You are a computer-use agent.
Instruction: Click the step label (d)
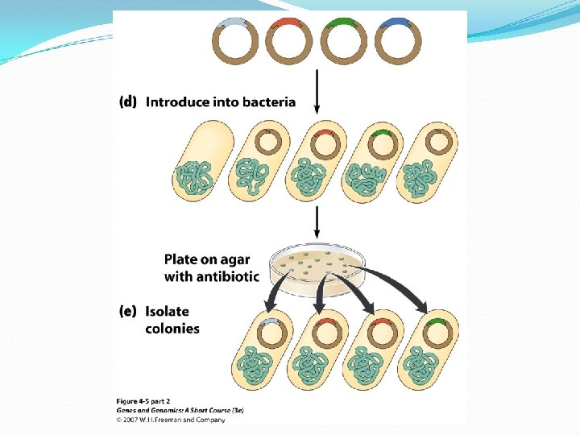(x=128, y=102)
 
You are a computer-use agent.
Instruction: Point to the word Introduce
(x=178, y=102)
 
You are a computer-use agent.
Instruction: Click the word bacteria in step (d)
(x=269, y=102)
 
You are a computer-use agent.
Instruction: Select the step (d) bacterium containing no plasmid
(x=205, y=161)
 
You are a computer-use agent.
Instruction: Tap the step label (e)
(x=128, y=311)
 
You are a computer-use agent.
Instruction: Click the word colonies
(x=172, y=329)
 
